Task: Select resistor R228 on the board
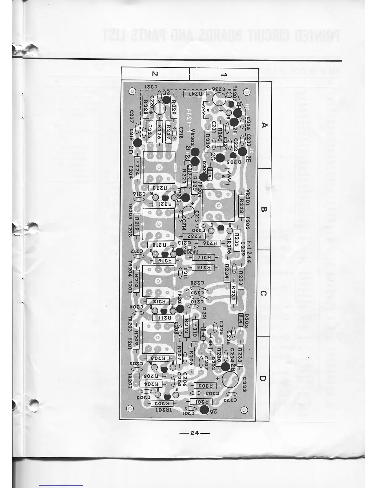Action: coord(145,105)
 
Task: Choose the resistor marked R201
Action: coord(202,401)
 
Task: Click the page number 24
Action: coord(194,433)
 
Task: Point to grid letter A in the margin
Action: coord(264,125)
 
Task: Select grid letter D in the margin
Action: coord(263,378)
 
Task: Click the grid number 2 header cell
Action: coord(155,74)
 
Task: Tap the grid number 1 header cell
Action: coord(224,74)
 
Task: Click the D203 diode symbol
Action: coord(240,321)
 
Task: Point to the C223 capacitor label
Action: coord(244,384)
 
